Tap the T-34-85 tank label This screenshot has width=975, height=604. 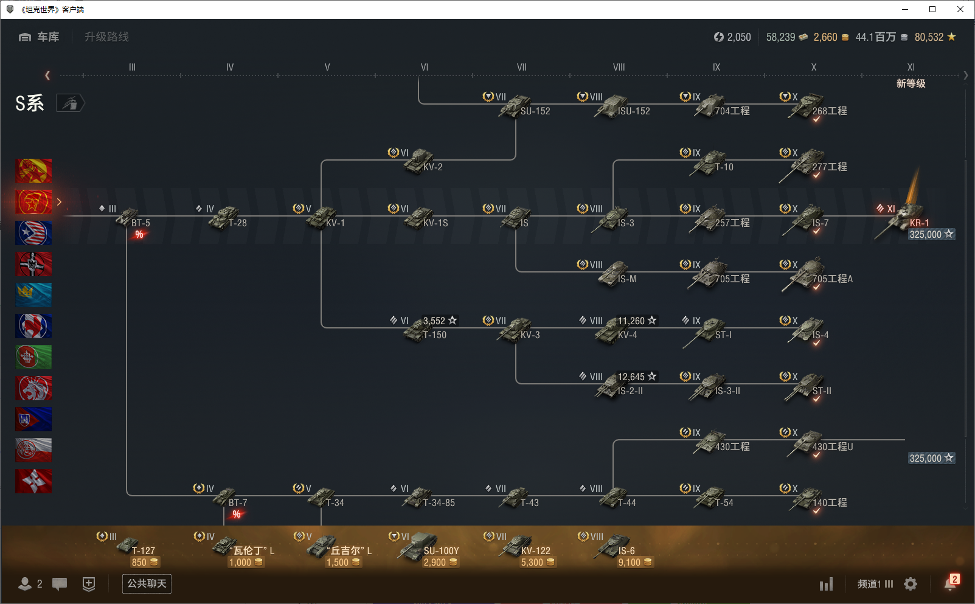click(x=439, y=503)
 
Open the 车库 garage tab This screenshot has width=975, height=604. click(x=40, y=37)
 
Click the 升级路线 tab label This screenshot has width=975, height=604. click(x=106, y=37)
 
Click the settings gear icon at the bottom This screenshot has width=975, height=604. click(x=911, y=584)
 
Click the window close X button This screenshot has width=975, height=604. click(x=960, y=9)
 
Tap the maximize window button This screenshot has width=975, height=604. click(x=932, y=9)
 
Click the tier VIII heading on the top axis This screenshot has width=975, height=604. click(x=619, y=68)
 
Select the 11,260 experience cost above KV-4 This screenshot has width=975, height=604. click(x=637, y=321)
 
